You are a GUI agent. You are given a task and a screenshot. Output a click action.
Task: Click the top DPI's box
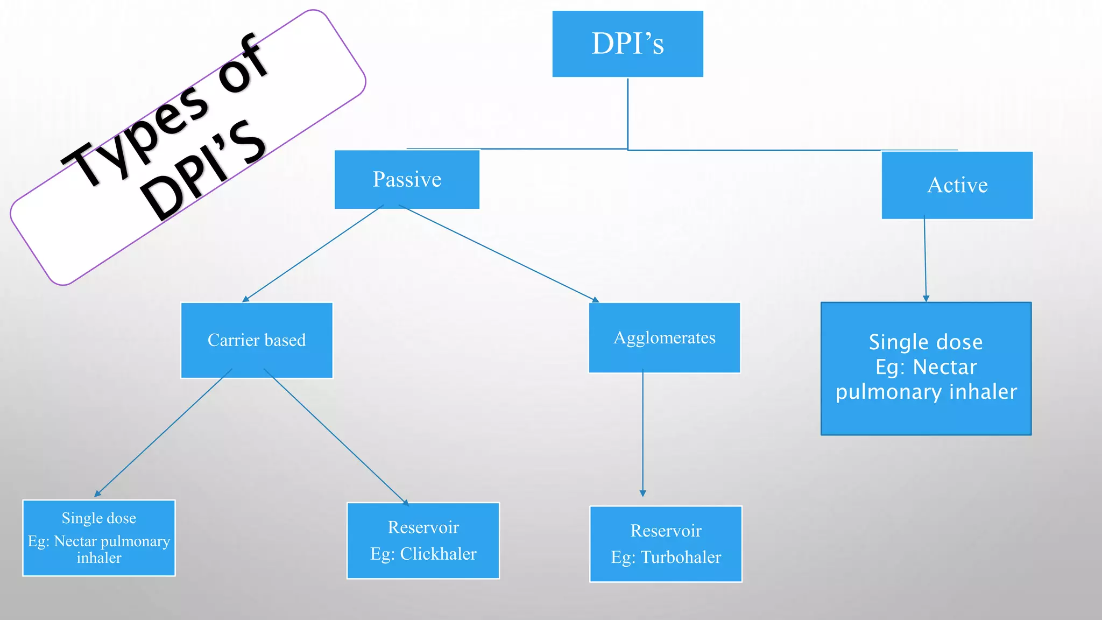point(627,44)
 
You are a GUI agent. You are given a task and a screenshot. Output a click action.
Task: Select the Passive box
point(407,179)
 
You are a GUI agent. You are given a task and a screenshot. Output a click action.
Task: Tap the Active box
point(957,185)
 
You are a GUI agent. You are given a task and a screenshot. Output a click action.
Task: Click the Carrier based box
point(257,340)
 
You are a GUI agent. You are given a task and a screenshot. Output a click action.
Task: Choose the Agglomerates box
point(665,338)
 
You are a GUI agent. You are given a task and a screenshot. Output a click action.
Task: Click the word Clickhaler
point(438,554)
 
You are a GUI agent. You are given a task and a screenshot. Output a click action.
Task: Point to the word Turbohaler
point(681,557)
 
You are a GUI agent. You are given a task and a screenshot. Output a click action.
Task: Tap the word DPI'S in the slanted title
point(204,170)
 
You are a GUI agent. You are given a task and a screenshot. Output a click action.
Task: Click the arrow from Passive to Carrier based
point(314,253)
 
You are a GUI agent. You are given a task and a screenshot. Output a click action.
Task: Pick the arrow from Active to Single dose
point(925,258)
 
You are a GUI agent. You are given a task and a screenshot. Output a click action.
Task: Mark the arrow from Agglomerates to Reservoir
point(642,431)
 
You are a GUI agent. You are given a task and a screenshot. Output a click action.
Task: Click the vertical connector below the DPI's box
point(627,113)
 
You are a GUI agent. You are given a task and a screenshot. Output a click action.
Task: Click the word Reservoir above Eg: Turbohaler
point(666,531)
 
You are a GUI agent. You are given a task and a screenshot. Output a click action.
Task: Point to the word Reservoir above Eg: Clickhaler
point(423,527)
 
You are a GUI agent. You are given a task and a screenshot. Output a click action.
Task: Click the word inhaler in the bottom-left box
point(99,558)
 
